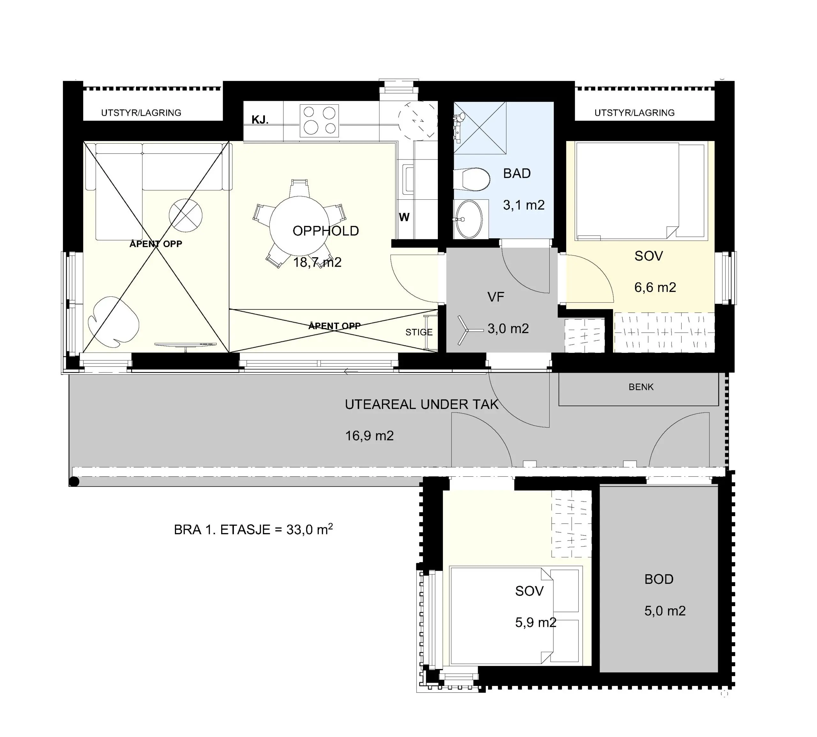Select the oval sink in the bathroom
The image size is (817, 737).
pos(468,219)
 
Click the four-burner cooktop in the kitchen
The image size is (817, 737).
pos(319,120)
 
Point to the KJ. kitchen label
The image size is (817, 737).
pos(260,119)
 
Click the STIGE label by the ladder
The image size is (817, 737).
pos(419,332)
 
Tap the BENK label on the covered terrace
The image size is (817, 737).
pos(641,387)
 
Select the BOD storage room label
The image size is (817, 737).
pos(659,579)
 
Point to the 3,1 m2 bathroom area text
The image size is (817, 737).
pos(524,205)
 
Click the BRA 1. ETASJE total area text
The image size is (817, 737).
pos(253,529)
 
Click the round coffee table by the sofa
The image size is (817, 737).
pos(185,215)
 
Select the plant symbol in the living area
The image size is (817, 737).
pos(113,322)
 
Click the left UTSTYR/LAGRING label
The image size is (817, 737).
pos(141,113)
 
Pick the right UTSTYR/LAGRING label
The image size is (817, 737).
pos(634,113)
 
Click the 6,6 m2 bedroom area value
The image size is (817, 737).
pos(655,287)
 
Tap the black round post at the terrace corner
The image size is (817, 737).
pos(74,481)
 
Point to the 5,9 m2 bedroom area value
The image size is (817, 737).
pos(536,622)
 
